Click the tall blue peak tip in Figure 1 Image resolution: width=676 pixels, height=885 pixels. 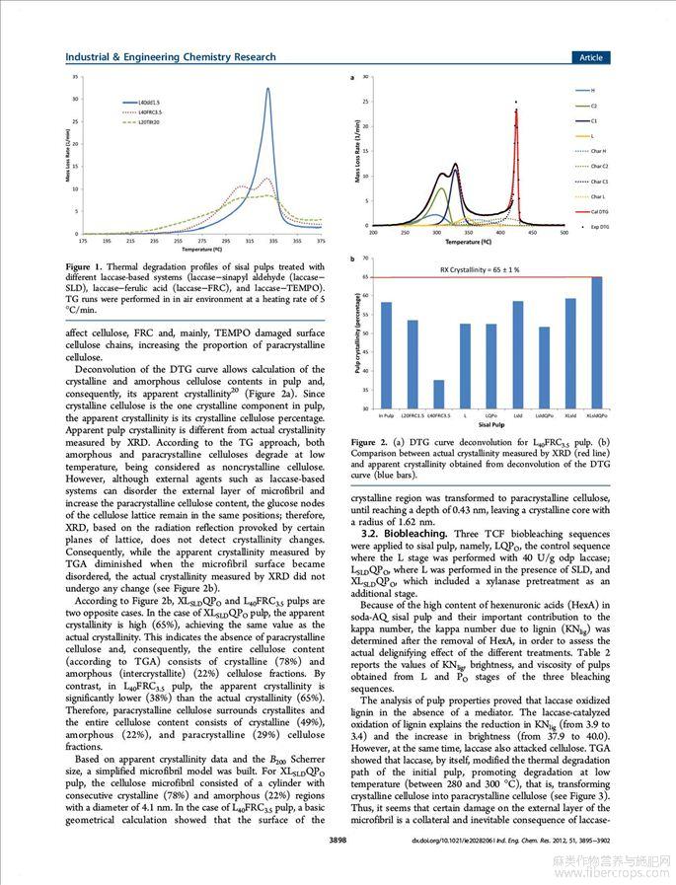pyautogui.click(x=267, y=89)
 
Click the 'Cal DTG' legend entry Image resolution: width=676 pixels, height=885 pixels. pyautogui.click(x=599, y=211)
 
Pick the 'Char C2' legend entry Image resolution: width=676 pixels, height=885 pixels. pyautogui.click(x=599, y=166)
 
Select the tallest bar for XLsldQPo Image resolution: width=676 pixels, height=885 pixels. pyautogui.click(x=597, y=342)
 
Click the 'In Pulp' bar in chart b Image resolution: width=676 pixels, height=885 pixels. pyautogui.click(x=386, y=355)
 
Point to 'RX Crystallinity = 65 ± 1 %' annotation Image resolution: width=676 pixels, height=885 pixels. pyautogui.click(x=479, y=269)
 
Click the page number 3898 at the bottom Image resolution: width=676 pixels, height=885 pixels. pyautogui.click(x=338, y=841)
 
